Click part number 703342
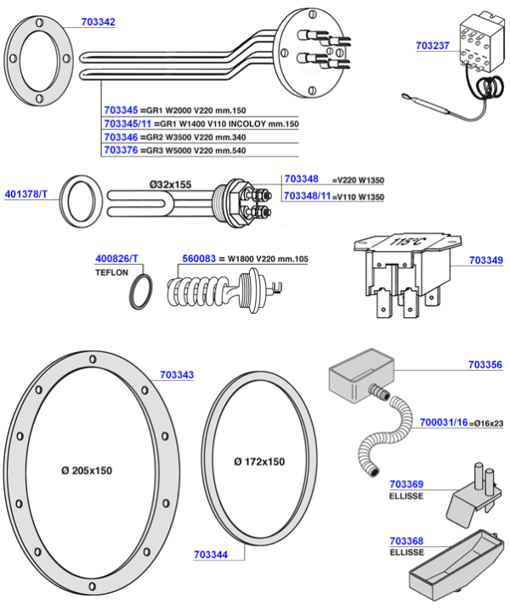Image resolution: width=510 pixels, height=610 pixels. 99,21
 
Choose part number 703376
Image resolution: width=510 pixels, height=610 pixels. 121,150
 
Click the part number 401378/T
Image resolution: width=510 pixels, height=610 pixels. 30,192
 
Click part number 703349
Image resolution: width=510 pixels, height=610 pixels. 485,262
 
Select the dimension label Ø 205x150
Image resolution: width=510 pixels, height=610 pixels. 87,470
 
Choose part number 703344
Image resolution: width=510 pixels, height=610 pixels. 211,554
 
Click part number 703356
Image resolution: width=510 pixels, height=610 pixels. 485,364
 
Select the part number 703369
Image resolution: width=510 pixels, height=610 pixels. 407,483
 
